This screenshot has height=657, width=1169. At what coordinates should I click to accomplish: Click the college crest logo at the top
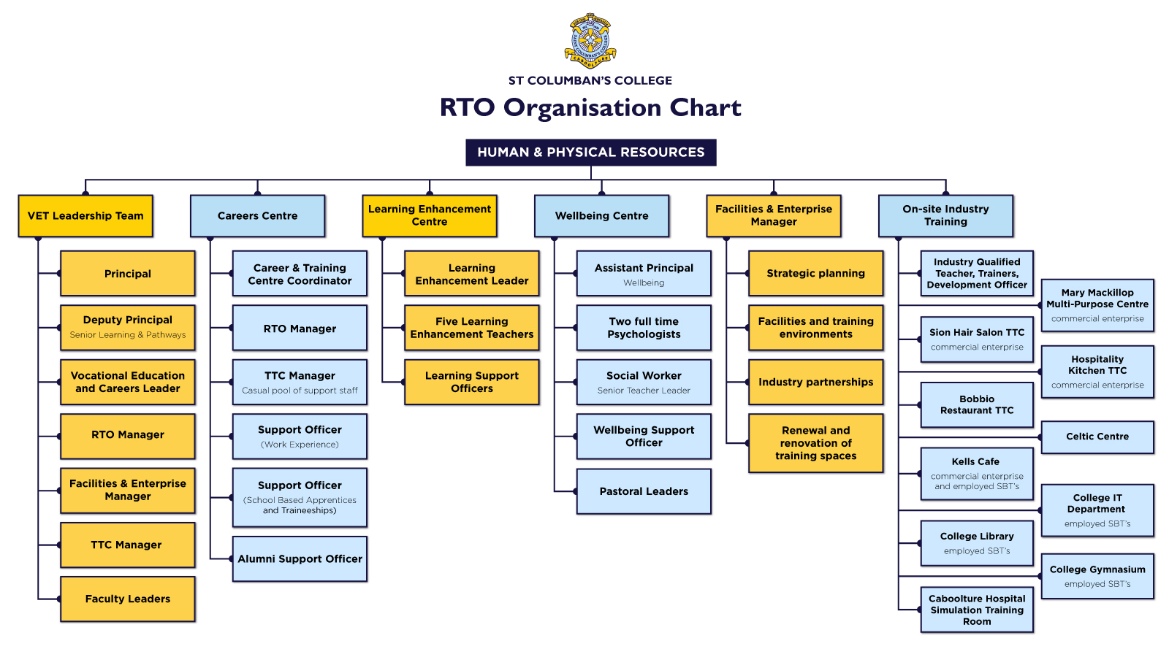click(590, 40)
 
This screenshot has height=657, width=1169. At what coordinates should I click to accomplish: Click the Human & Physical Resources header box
click(590, 152)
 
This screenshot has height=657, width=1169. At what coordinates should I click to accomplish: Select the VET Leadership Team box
click(85, 215)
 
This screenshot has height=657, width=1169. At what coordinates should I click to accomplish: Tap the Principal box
click(128, 274)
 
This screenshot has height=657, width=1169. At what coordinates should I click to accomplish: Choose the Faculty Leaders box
click(128, 599)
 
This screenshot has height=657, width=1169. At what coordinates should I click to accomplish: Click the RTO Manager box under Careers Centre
click(300, 328)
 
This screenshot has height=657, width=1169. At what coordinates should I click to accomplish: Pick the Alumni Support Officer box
click(300, 558)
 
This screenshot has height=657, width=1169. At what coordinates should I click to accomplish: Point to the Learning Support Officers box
click(472, 382)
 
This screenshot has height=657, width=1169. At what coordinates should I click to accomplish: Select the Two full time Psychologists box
click(644, 328)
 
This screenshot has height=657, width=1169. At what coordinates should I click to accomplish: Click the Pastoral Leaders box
click(644, 491)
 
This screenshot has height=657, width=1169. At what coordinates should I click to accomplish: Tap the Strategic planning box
click(815, 273)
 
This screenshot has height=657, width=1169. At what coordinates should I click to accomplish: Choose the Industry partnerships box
click(815, 382)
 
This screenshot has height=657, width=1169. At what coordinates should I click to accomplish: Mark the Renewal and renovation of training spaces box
click(815, 443)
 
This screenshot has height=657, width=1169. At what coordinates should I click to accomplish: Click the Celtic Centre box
click(1097, 437)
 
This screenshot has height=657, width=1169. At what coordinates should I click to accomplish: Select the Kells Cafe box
click(977, 473)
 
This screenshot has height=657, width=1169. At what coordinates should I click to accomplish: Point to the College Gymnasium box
click(1097, 576)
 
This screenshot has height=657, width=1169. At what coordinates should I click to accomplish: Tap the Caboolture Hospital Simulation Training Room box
click(977, 610)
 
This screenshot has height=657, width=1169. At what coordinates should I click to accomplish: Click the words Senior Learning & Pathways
click(128, 335)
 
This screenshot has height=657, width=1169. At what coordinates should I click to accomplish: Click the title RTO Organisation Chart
click(590, 107)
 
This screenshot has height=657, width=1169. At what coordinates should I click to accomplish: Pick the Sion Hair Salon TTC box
click(977, 339)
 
